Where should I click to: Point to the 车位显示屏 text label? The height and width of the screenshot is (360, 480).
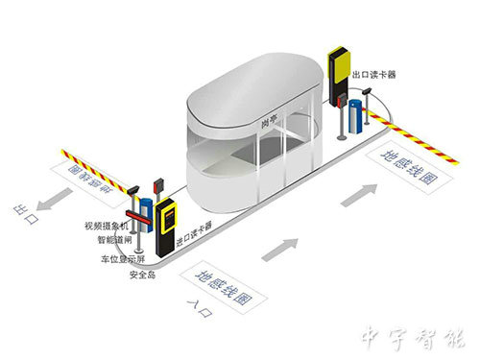[x=124, y=260]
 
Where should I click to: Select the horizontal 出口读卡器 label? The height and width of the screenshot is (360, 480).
[x=375, y=72]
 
